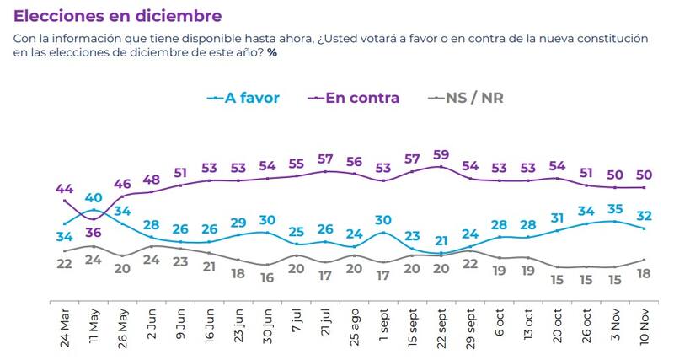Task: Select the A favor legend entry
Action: (x=243, y=98)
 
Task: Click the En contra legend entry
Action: (x=353, y=98)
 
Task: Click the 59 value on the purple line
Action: (x=440, y=154)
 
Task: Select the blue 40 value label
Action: (x=94, y=199)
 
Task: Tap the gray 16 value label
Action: (x=268, y=277)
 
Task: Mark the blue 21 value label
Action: (x=440, y=239)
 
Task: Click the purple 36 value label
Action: (x=94, y=233)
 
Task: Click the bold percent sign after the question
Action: (x=272, y=52)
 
